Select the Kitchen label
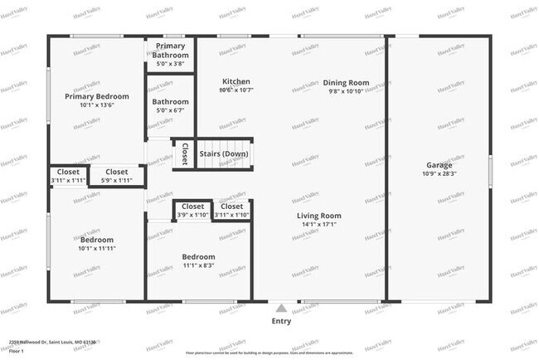(x=236, y=81)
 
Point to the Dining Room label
(x=346, y=83)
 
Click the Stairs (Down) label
(x=224, y=153)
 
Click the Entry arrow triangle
(x=281, y=306)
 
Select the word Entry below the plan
(x=281, y=320)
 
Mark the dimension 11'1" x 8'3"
(x=199, y=265)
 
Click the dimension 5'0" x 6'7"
(x=170, y=110)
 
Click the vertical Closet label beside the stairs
(x=184, y=153)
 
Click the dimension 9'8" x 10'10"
(x=346, y=92)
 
